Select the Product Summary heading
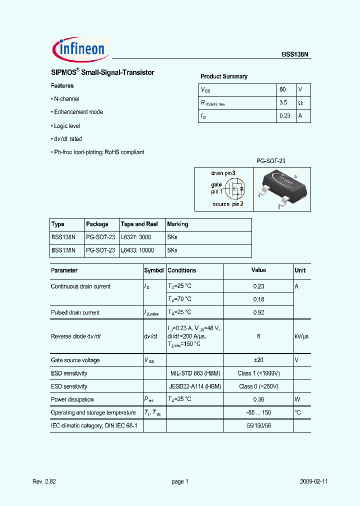pos(224,76)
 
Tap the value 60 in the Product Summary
pos(282,89)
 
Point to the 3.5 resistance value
pos(283,102)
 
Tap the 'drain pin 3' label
pos(223,173)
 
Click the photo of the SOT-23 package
pos(281,188)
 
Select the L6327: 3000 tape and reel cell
pos(135,237)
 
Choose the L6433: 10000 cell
pos(137,250)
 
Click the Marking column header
pos(177,224)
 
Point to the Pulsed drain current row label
pos(75,312)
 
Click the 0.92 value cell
pos(258,312)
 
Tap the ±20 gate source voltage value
pos(258,360)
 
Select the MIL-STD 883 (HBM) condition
pos(194,373)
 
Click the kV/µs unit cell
pos(301,336)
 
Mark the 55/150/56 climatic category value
pos(258,425)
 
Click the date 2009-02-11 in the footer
pos(313,481)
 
